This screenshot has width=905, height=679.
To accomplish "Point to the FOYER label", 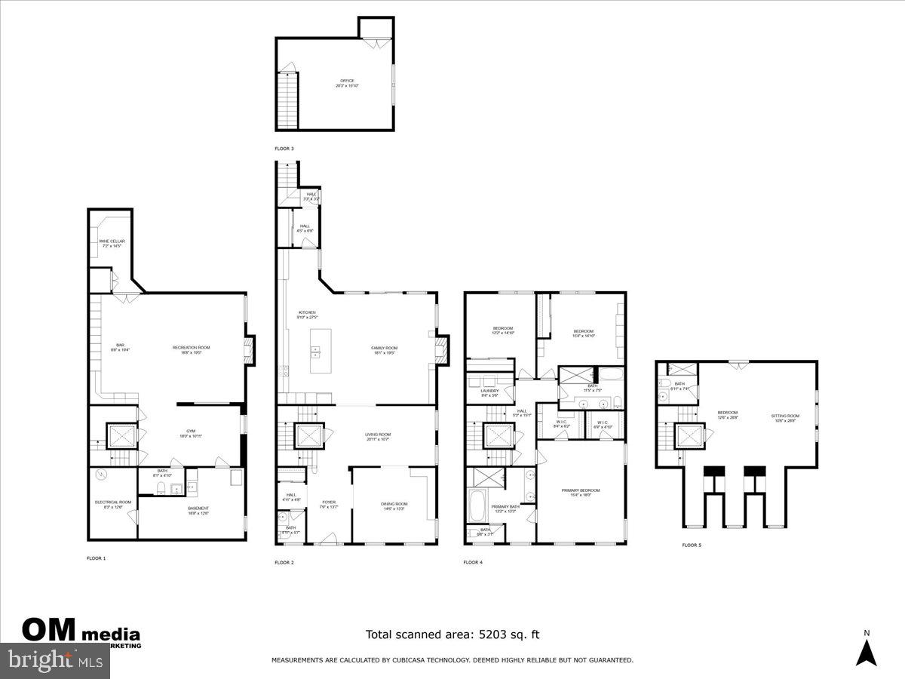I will pos(329,503).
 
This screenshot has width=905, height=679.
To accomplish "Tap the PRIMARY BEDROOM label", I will pos(580,492).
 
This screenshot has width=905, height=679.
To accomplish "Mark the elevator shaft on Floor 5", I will pos(689,437).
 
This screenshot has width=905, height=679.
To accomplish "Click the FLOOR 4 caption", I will pos(472,562).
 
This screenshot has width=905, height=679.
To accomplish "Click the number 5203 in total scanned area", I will pos(490,635).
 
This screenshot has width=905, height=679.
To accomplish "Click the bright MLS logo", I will pos(54,661).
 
